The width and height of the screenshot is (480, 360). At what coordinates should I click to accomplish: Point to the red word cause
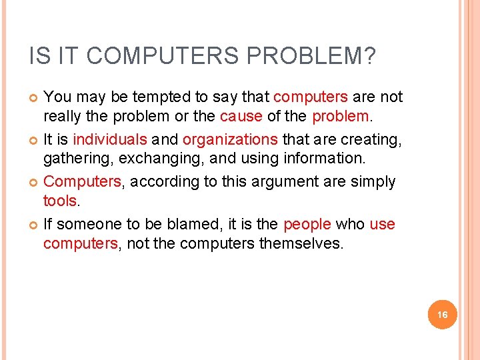tap(241, 116)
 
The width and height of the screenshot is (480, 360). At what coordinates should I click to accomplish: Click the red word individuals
tap(111, 139)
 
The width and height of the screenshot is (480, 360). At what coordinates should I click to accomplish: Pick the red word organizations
tap(230, 139)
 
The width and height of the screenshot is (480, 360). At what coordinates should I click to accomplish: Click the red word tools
tap(60, 200)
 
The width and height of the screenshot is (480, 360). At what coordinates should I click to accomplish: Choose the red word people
tap(307, 224)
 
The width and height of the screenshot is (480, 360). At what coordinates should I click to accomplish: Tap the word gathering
tap(73, 158)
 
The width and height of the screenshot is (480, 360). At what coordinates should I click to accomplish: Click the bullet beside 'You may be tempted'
tap(33, 98)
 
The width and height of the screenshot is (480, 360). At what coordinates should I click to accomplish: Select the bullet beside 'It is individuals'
tap(33, 140)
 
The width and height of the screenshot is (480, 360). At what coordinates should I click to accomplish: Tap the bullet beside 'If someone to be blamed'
tap(33, 225)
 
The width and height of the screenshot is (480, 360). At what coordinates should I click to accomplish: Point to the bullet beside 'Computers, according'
tap(33, 182)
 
